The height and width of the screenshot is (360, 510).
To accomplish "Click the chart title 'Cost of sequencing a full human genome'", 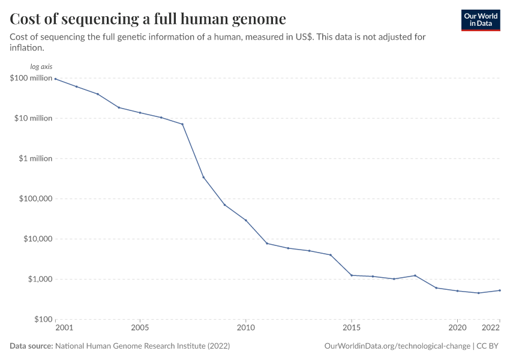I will coord(148,19).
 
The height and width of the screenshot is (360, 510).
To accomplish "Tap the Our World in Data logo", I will coord(480,20).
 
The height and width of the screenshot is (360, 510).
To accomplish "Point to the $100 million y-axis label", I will coord(31,78).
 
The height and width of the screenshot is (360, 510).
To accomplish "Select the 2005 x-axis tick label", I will coord(140,328).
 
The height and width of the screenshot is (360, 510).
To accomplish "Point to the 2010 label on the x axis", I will coord(245,328).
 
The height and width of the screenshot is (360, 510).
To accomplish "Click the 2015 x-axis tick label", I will coord(351,328).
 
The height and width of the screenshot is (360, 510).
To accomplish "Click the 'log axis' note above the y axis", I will coord(41,67).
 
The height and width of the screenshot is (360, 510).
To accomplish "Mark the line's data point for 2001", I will coord(55,79).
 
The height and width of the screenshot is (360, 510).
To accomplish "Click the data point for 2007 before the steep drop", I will coord(182,124).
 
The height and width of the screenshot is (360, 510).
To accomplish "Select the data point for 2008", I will coord(203,177).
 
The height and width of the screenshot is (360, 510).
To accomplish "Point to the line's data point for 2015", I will coord(351,275).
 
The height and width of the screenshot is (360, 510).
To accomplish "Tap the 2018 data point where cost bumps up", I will coord(415,275).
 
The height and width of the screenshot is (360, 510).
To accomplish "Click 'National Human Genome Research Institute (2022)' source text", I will coord(142,346).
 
